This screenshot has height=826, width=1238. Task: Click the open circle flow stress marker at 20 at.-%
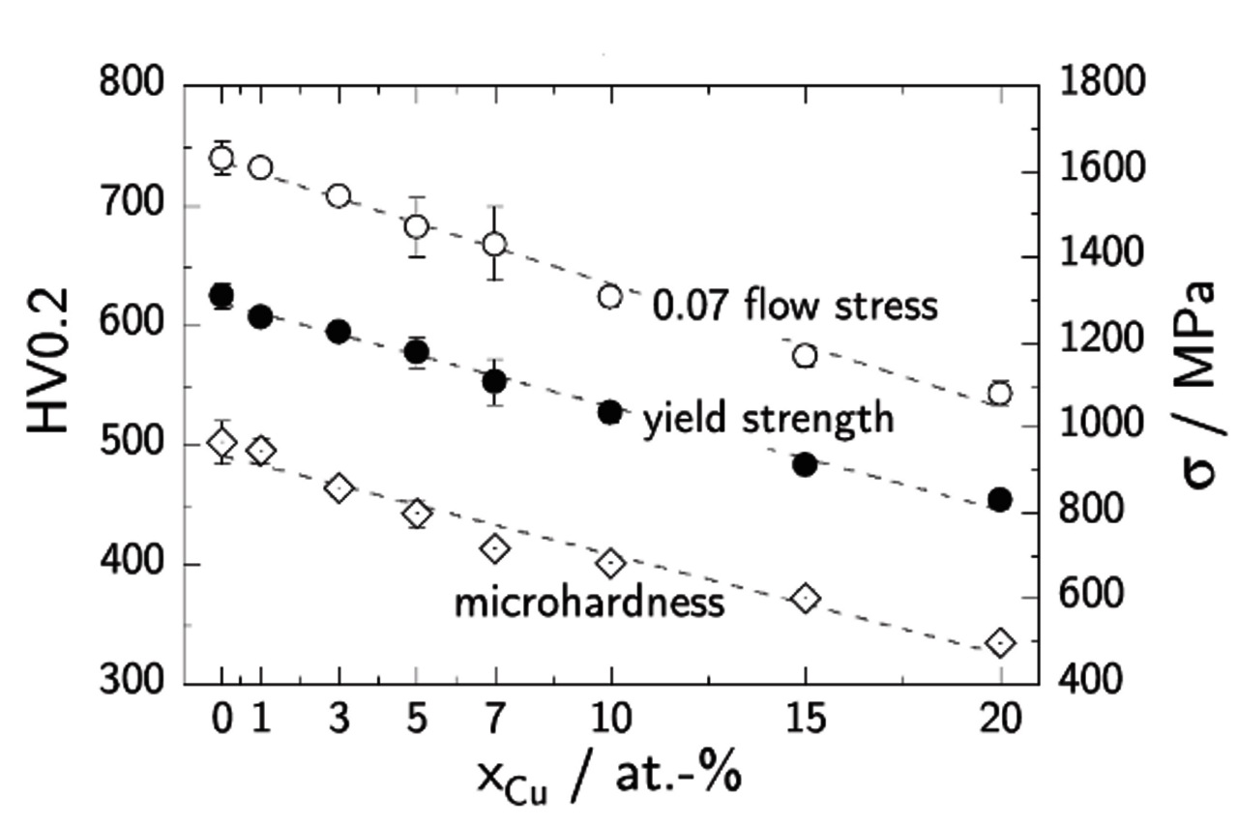1000,393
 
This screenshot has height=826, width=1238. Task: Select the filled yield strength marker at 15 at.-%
805,464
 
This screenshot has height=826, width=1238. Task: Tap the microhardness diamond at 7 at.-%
495,548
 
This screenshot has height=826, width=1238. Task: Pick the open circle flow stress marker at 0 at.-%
221,158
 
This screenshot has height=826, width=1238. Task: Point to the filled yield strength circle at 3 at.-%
338,332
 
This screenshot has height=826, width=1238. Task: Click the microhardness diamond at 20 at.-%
1000,642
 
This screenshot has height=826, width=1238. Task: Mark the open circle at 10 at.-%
610,296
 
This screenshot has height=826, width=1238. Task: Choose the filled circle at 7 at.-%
494,381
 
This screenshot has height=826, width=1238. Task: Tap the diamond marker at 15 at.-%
805,598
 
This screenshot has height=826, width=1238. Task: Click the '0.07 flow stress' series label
794,305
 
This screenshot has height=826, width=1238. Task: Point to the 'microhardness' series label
589,603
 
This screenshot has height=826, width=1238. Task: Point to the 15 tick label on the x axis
805,721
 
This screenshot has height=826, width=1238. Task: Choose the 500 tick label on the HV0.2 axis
134,444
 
